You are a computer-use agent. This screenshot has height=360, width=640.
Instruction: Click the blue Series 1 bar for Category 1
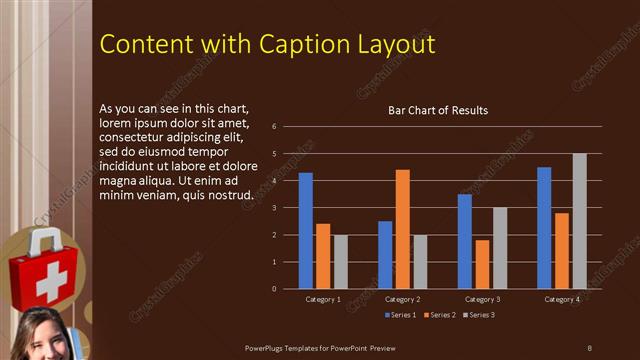[305, 231]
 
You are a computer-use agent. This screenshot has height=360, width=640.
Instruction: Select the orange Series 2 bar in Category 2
[402, 229]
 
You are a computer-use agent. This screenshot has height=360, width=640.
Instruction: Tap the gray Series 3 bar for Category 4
[579, 221]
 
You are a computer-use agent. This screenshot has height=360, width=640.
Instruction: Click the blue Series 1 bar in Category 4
[544, 228]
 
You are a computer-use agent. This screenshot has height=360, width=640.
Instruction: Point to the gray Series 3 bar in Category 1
[341, 262]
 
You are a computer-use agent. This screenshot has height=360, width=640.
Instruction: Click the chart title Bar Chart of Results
[437, 110]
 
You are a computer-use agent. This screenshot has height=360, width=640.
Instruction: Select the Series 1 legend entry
[403, 315]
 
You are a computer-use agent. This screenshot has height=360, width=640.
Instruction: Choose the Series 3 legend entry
[478, 315]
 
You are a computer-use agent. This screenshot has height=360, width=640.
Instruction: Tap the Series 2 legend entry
[441, 315]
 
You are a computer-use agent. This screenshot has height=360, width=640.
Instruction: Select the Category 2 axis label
[402, 299]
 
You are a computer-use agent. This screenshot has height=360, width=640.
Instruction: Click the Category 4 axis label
[561, 299]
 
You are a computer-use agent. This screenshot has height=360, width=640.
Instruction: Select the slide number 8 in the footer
[589, 347]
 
